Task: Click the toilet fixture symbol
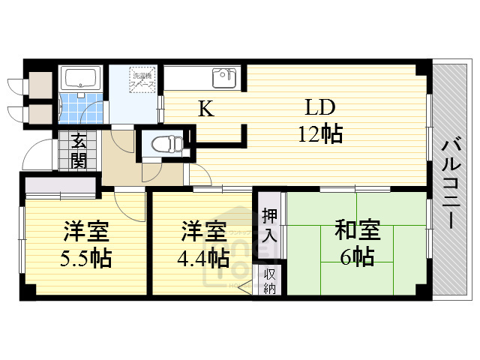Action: [x=163, y=143]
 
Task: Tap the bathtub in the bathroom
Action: [x=79, y=78]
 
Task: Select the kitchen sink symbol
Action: [x=224, y=77]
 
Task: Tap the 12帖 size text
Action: [x=320, y=134]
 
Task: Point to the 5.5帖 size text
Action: [x=86, y=259]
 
